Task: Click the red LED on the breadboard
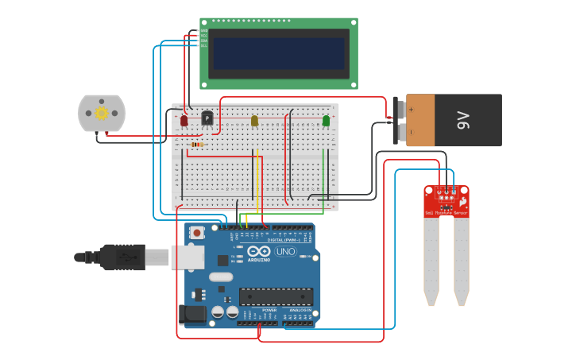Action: coord(184,121)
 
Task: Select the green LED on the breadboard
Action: coord(326,121)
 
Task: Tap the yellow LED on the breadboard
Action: coord(254,121)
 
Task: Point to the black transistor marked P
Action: coord(207,118)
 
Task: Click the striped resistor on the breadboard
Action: coord(197,145)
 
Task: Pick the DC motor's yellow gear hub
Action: coord(102,114)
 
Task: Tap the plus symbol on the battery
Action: coord(411,108)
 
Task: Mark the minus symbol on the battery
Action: coord(411,133)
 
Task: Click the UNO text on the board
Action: coord(285,252)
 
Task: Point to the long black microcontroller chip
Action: coord(276,296)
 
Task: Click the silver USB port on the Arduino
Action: coord(187,256)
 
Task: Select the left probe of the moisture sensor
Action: coord(431,261)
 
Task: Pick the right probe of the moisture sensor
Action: coord(461,261)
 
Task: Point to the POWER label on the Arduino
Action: coord(269,310)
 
